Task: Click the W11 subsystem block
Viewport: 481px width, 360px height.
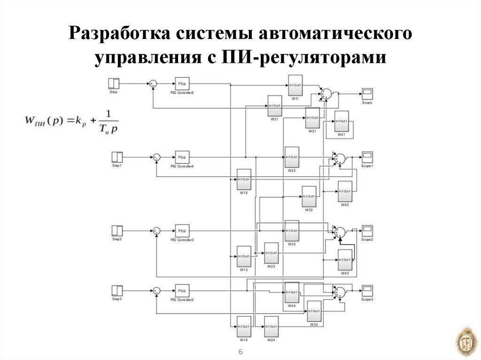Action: pyautogui.click(x=295, y=85)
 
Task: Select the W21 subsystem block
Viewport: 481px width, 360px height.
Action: pyautogui.click(x=274, y=106)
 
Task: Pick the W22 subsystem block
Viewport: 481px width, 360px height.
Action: pyautogui.click(x=292, y=157)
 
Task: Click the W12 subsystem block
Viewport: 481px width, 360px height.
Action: pyautogui.click(x=244, y=180)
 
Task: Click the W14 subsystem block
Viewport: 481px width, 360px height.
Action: pyautogui.click(x=244, y=326)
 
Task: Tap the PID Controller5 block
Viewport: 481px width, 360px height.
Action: pyautogui.click(x=182, y=84)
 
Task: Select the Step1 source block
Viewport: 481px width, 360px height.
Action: pyautogui.click(x=116, y=157)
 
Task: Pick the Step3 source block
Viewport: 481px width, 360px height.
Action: pyautogui.click(x=116, y=291)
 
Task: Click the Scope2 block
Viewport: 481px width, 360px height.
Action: pyautogui.click(x=367, y=231)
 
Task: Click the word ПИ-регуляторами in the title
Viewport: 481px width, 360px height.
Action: pyautogui.click(x=301, y=58)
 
